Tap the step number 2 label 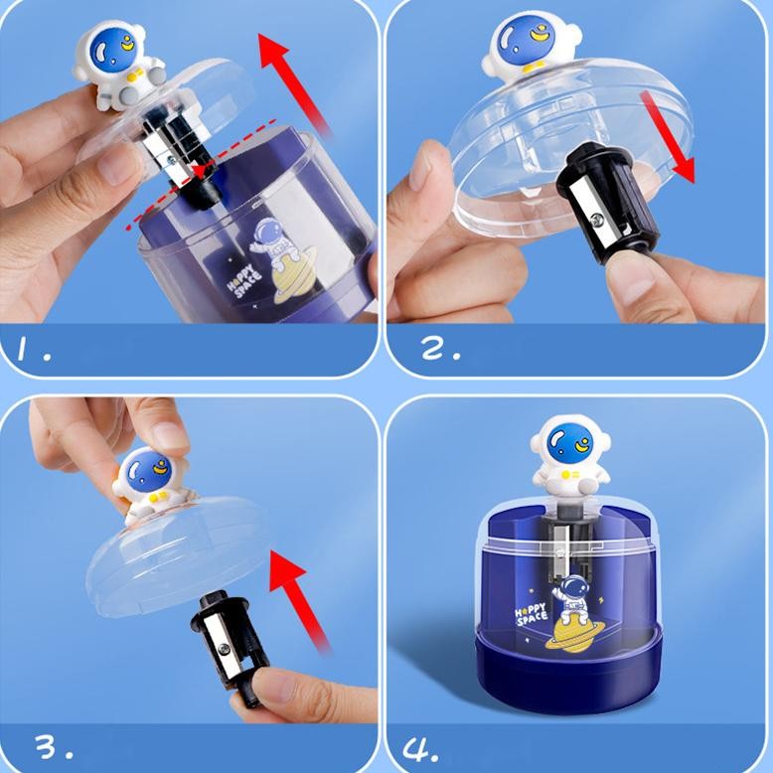441,349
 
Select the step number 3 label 55,747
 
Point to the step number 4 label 420,749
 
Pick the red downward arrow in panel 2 668,135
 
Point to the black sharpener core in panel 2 607,203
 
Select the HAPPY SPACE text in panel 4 531,614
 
